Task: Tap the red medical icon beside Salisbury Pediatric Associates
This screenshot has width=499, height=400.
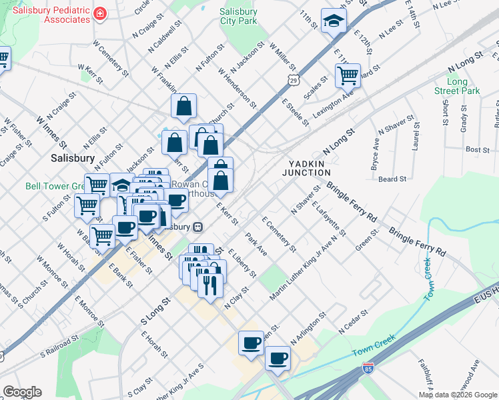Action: tap(99, 13)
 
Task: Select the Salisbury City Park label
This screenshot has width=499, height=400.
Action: tap(238, 17)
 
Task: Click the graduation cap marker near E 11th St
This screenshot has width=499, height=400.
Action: tap(333, 22)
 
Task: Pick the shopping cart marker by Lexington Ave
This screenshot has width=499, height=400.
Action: tap(348, 77)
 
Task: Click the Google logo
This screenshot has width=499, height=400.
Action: tap(22, 391)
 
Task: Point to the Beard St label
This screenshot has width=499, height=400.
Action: tap(392, 179)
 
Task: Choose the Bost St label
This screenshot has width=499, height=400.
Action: tap(478, 150)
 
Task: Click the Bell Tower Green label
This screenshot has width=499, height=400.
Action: tap(53, 185)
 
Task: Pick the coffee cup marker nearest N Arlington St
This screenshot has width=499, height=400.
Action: tap(277, 359)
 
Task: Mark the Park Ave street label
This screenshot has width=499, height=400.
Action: tap(256, 244)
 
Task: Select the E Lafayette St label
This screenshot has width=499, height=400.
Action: tap(328, 219)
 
